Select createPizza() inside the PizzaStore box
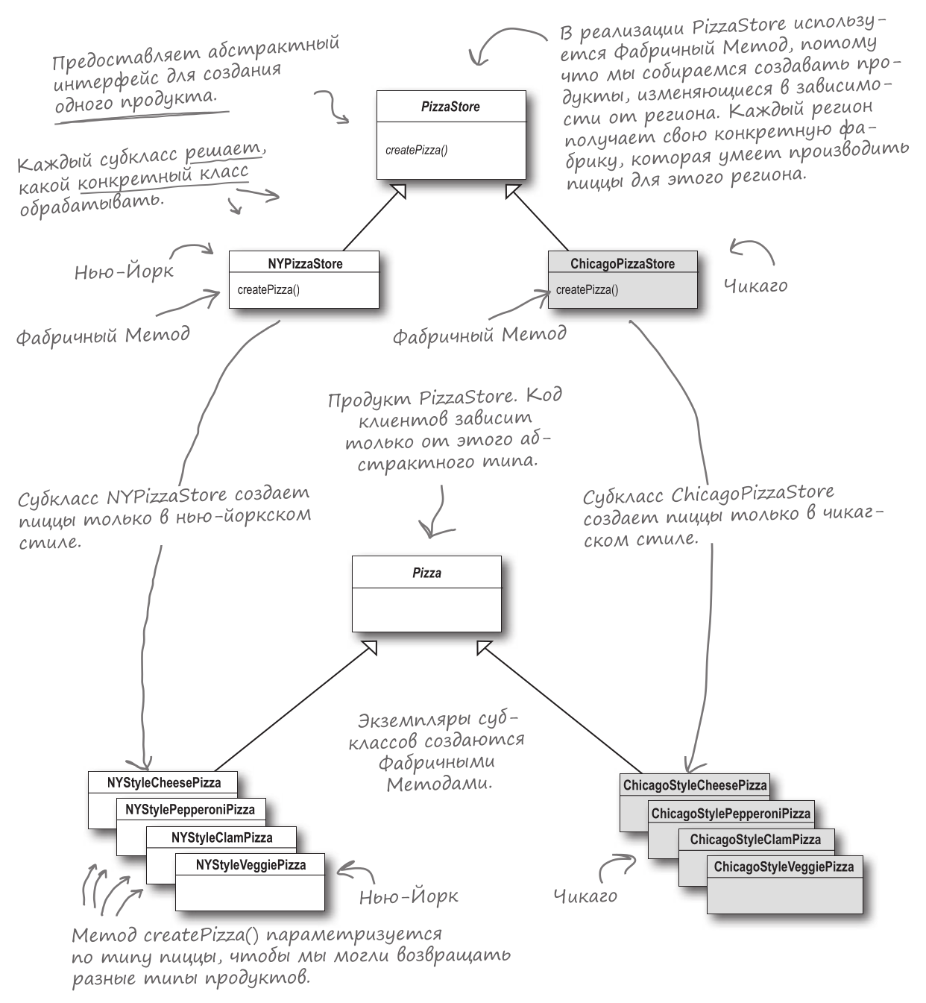pos(416,150)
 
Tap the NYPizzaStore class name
pos(305,264)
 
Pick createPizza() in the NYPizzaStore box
pos(268,290)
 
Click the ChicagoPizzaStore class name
pos(623,264)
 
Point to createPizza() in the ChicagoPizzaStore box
pos(587,290)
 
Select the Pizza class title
pos(426,573)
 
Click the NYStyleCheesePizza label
pos(164,782)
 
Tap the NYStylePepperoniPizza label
pos(190,810)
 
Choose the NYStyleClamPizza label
pos(221,837)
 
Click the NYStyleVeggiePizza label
pos(251,865)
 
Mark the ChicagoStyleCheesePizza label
pos(695,785)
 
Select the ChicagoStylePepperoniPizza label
pos(731,814)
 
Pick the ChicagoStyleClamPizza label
pos(755,840)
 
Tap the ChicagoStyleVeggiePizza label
pos(784,867)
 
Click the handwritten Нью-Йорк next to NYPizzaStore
pos(124,271)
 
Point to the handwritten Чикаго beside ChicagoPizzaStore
pos(755,286)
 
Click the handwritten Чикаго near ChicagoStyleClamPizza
pos(585,896)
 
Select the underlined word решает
pos(224,152)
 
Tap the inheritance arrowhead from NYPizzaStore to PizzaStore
pos(399,191)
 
